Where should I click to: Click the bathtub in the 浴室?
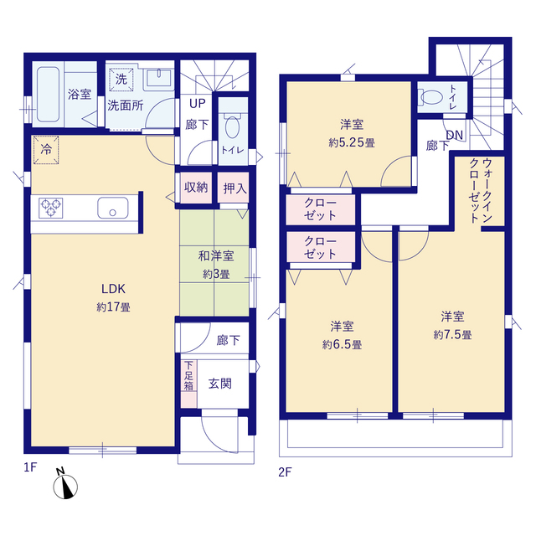pos(49,95)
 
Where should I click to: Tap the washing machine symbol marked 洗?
pos(121,80)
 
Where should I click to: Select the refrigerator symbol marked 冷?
pos(46,150)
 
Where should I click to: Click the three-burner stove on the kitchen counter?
pos(50,208)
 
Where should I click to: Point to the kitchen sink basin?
pos(113,208)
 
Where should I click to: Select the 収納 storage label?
pos(196,188)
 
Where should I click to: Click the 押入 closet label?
pos(234,188)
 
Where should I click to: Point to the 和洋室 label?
pos(216,256)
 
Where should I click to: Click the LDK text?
pos(113,289)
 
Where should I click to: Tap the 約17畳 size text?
pos(113,307)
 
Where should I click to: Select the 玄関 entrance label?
pos(220,384)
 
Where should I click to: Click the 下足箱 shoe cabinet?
pos(188,384)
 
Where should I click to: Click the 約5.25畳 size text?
pos(352,142)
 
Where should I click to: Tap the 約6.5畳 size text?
pos(342,344)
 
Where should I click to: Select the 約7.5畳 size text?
pos(452,335)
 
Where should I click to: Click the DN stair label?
pos(455,136)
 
